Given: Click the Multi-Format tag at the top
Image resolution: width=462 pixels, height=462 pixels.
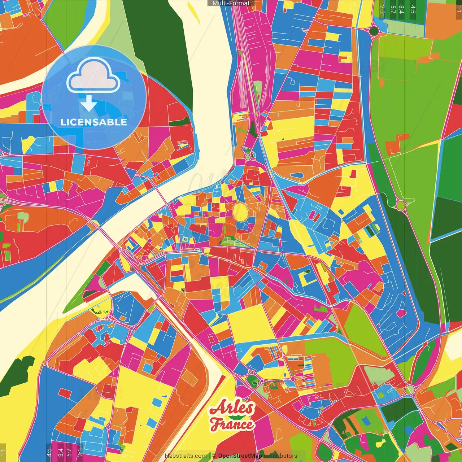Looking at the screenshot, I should click(x=231, y=3).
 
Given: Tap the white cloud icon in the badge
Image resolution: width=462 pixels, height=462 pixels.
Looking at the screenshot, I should click(x=93, y=75).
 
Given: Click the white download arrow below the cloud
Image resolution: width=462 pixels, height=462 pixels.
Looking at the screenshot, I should click(x=89, y=104).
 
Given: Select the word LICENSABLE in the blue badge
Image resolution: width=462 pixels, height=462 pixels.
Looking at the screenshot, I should click(x=94, y=122).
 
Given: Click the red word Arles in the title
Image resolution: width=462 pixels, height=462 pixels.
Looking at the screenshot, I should click(x=232, y=408).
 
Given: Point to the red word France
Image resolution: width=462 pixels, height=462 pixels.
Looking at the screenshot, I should click(x=232, y=424).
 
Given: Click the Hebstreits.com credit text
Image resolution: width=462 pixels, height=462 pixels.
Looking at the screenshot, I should click(x=186, y=456).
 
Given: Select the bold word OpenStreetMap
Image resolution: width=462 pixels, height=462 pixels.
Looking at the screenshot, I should click(x=240, y=456).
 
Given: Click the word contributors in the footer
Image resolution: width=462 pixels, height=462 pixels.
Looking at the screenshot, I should click(x=280, y=456).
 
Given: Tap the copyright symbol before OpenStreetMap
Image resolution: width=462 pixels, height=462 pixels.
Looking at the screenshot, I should click(x=214, y=456).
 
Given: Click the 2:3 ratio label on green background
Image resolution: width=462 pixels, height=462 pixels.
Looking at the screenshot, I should click(x=382, y=9).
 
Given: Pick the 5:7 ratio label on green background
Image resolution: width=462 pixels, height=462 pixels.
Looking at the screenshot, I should click(x=393, y=9).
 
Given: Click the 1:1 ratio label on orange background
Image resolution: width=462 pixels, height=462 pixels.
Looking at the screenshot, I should click(x=458, y=9).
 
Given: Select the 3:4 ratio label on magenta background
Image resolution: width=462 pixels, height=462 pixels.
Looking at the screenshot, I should click(x=60, y=452).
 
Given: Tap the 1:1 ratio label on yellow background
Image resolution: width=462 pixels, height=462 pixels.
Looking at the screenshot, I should click(x=3, y=452).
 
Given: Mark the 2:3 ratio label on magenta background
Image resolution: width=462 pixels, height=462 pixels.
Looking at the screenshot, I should click(x=80, y=452).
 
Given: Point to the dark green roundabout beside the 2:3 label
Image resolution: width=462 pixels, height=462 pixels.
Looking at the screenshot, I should click(x=374, y=30).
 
